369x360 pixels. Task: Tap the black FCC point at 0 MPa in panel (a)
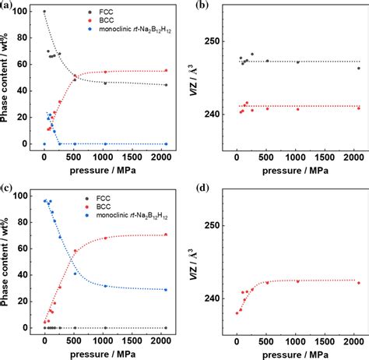(x=44, y=12)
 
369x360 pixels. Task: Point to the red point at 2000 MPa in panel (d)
(x=358, y=283)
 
